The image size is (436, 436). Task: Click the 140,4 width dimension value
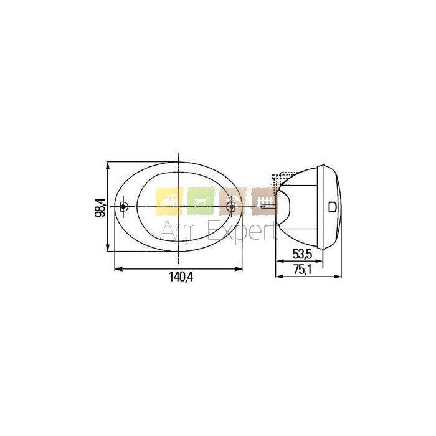pyautogui.click(x=181, y=277)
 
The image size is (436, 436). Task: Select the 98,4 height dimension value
pyautogui.click(x=100, y=207)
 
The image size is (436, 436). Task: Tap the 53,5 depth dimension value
pyautogui.click(x=303, y=254)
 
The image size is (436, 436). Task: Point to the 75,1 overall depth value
pyautogui.click(x=303, y=270)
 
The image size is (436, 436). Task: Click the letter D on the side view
pyautogui.click(x=333, y=207)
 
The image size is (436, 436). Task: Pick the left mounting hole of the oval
pyautogui.click(x=123, y=206)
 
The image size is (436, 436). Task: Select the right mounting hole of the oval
pyautogui.click(x=230, y=206)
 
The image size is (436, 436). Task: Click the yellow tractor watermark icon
pyautogui.click(x=169, y=201)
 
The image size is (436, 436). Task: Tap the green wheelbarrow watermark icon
pyautogui.click(x=201, y=201)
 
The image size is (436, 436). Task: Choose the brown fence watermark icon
pyautogui.click(x=265, y=201)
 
